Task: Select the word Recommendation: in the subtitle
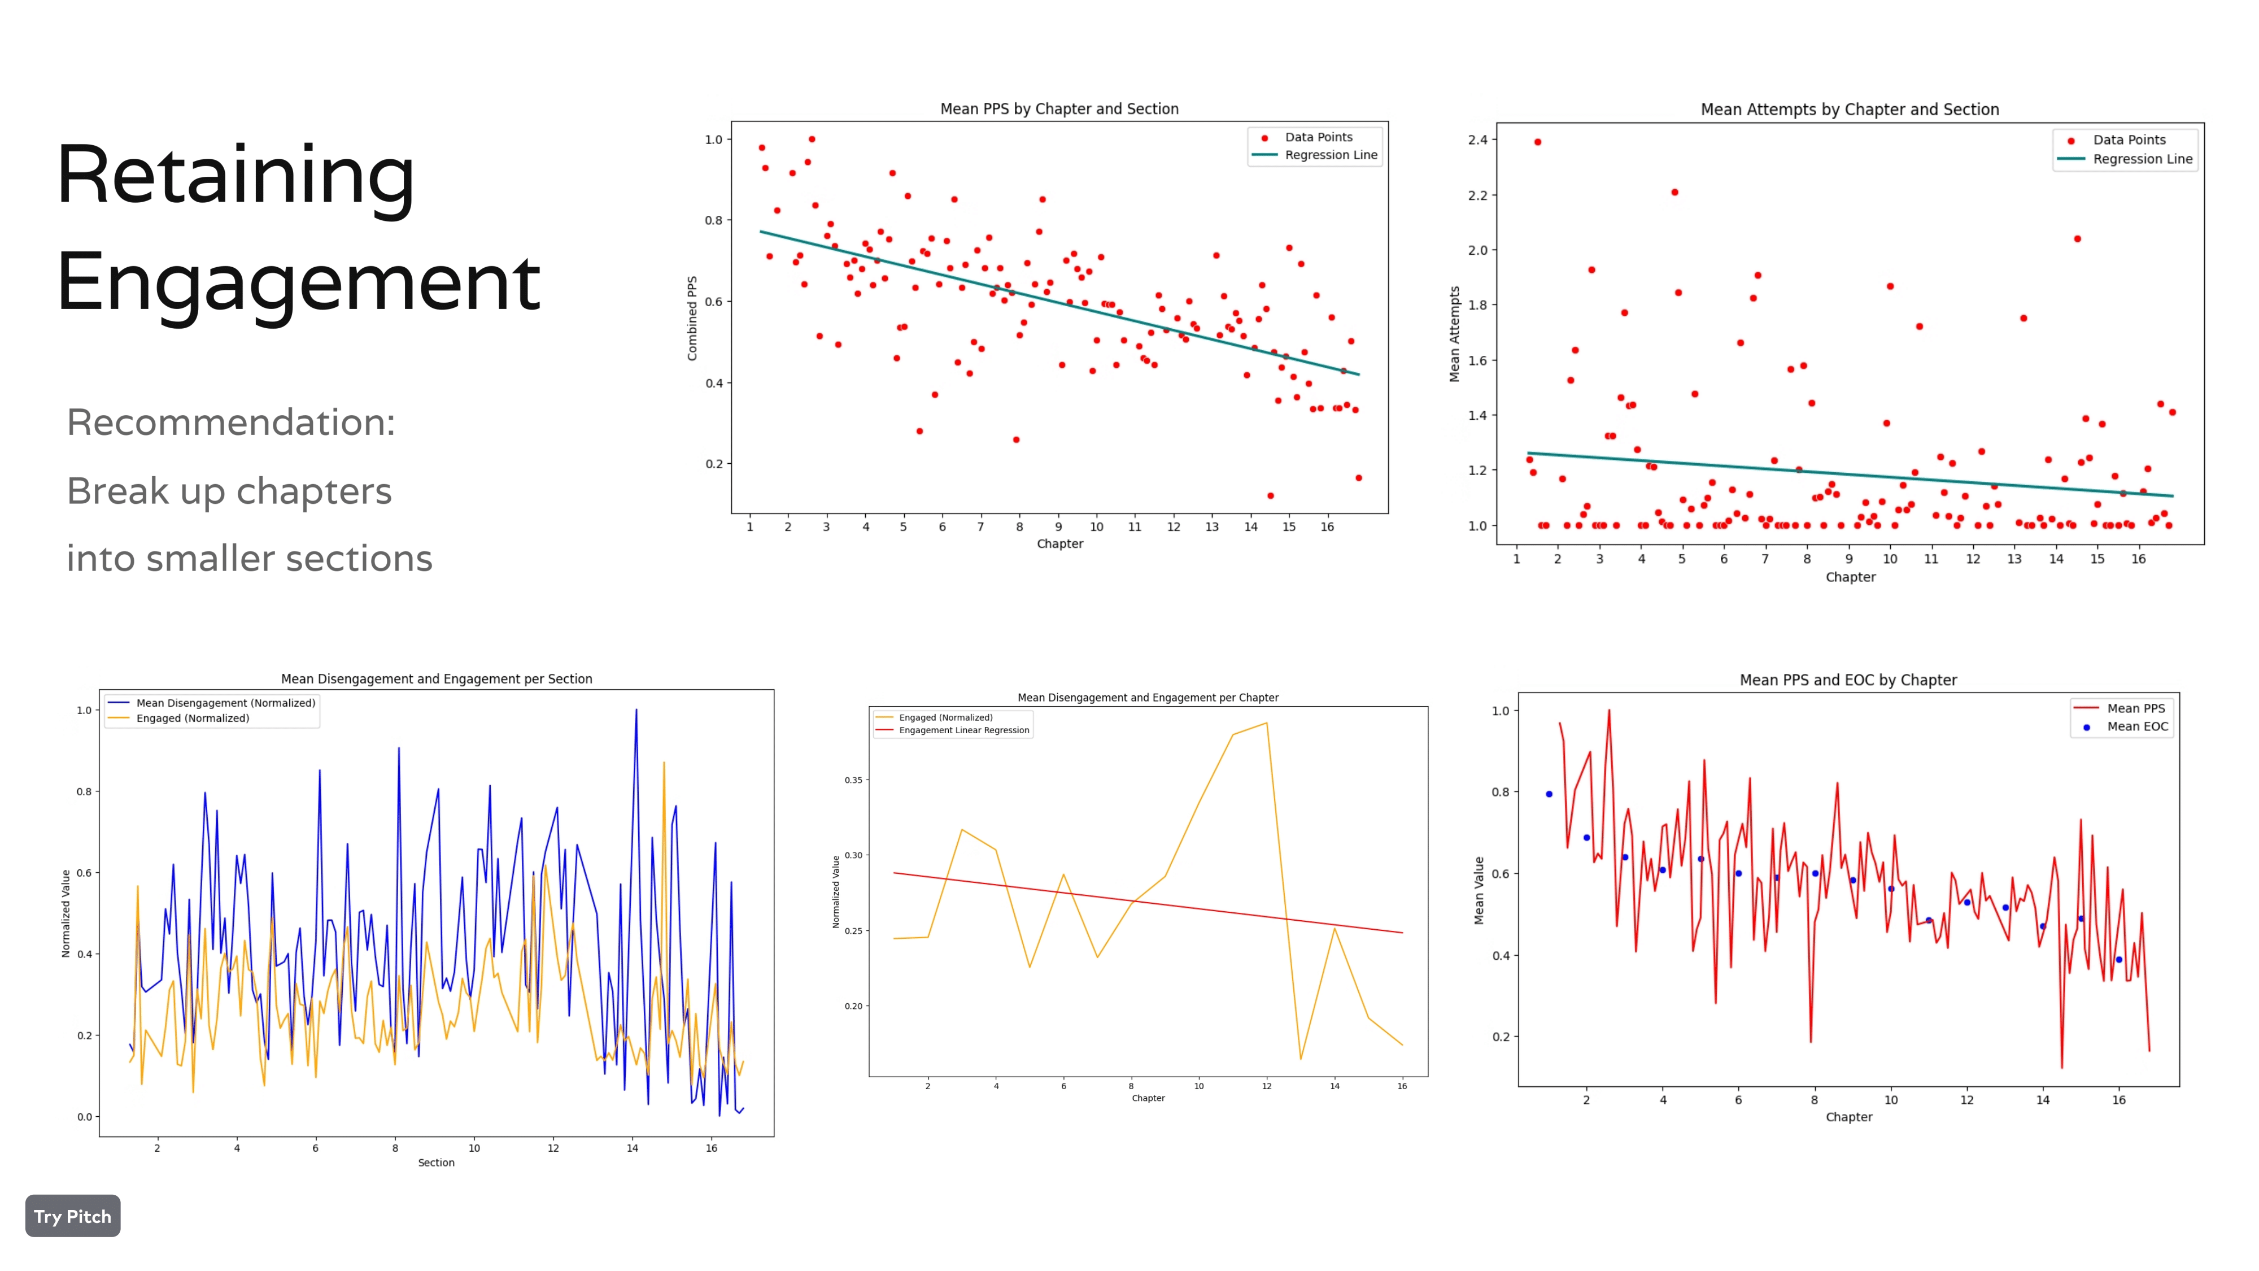(230, 422)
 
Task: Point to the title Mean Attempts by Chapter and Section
(1850, 110)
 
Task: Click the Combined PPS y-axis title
(692, 319)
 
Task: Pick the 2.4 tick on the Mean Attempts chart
(1477, 140)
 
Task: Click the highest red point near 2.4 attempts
(1537, 142)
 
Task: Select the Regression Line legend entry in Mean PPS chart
(1329, 155)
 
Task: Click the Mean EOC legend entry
(2136, 726)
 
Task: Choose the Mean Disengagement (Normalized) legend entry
(225, 703)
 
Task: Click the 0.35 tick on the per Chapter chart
(852, 780)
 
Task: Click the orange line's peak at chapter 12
(1266, 723)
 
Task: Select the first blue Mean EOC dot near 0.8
(1549, 794)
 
